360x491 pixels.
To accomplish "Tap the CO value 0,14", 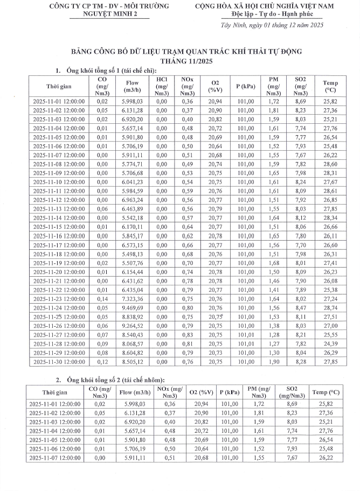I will click(102, 299).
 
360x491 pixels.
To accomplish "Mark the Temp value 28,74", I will click(330, 308).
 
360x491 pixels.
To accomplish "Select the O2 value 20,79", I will click(216, 209).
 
